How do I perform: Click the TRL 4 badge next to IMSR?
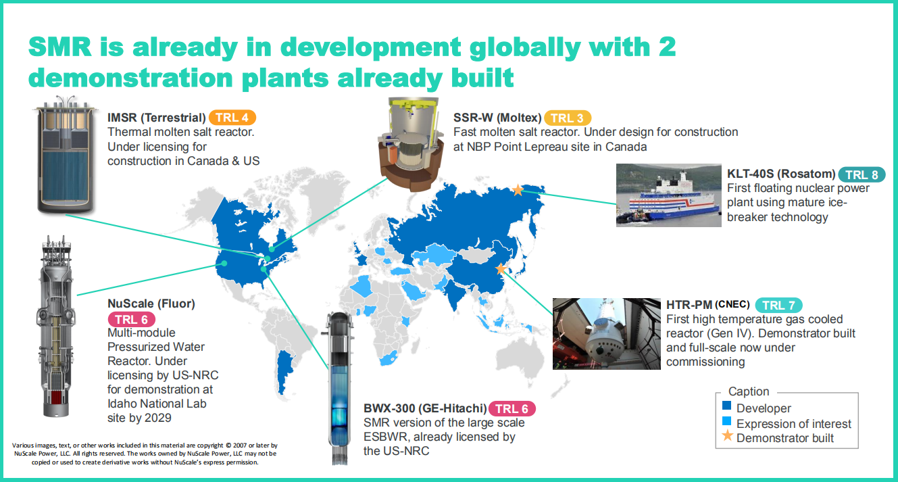tap(232, 118)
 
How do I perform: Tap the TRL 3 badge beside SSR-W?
tap(567, 118)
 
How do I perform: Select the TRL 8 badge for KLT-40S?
tap(862, 174)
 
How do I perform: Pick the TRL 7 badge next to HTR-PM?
tap(778, 305)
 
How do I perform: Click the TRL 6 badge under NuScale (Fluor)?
tap(132, 319)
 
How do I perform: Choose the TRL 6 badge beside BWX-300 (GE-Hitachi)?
tap(512, 408)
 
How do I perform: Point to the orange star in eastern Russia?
tap(518, 190)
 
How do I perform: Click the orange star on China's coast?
tap(501, 268)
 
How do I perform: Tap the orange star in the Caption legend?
tap(727, 435)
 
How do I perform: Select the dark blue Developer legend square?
tap(726, 406)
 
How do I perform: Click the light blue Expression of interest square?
tap(726, 421)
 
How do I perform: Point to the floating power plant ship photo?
tap(669, 195)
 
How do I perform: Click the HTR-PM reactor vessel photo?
tap(607, 334)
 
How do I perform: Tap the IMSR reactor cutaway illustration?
tap(66, 155)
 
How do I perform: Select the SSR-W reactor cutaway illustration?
tap(411, 145)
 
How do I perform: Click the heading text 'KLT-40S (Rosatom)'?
tap(781, 174)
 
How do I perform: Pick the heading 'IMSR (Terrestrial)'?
tap(156, 118)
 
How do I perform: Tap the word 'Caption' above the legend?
tap(749, 391)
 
